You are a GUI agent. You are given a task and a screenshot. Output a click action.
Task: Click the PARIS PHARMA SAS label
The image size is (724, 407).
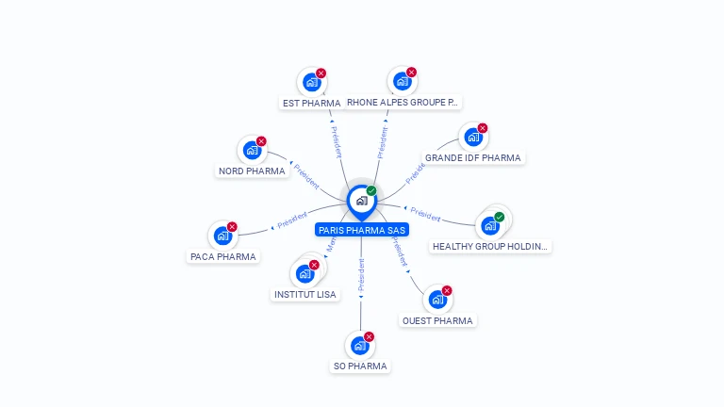click(x=362, y=229)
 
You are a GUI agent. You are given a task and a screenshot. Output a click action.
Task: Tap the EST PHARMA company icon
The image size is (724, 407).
click(x=311, y=82)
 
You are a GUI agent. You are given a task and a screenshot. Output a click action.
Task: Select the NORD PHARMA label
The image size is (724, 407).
click(x=252, y=171)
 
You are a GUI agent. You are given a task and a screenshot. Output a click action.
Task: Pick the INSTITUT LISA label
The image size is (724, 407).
click(x=304, y=295)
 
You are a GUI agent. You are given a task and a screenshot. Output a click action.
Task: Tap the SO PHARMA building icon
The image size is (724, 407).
click(x=359, y=346)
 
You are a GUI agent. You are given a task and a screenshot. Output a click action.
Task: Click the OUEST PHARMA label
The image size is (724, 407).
click(x=437, y=320)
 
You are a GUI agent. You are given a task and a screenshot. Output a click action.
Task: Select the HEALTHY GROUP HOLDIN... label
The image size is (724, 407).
click(x=489, y=247)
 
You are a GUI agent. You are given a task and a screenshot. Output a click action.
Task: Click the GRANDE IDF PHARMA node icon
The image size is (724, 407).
click(x=472, y=138)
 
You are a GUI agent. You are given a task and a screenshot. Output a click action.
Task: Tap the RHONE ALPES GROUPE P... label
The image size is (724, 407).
click(x=402, y=103)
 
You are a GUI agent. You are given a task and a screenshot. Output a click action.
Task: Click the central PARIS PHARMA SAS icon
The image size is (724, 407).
click(x=361, y=200)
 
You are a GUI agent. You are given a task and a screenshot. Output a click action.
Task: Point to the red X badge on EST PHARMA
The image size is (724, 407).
click(x=321, y=73)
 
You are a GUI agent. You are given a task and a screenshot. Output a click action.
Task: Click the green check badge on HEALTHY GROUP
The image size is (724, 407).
click(x=500, y=217)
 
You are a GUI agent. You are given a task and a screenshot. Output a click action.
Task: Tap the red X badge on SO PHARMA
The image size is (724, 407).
click(x=370, y=336)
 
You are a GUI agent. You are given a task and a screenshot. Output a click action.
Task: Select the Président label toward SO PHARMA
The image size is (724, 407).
click(x=361, y=274)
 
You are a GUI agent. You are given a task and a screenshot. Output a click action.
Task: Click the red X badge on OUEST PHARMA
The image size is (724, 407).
click(x=447, y=290)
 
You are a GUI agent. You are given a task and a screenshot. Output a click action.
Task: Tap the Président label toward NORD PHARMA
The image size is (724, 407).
click(x=306, y=174)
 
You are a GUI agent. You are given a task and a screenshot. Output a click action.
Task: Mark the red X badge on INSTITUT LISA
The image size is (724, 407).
click(x=315, y=265)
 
